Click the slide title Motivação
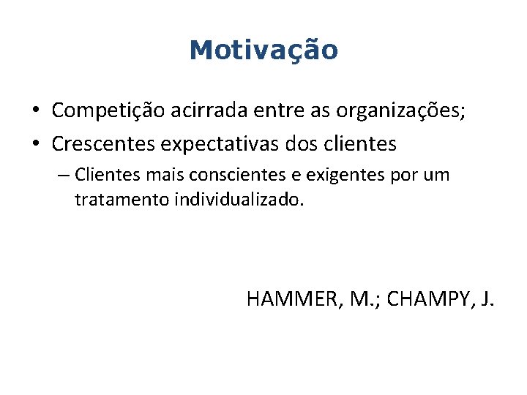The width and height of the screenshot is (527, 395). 263,50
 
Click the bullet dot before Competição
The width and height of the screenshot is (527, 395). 35,110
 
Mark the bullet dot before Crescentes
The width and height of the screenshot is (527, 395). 35,144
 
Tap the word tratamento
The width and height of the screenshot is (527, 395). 122,200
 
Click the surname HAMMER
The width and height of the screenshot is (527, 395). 288,298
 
